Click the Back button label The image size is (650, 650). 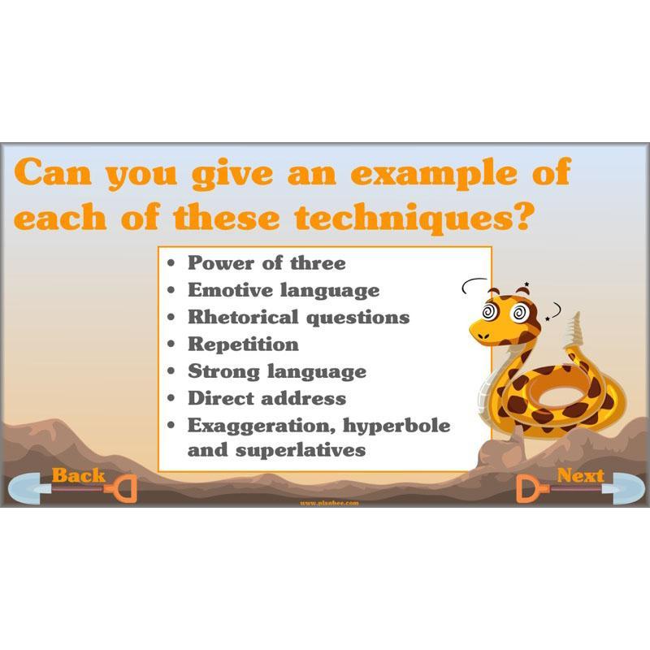coord(79,475)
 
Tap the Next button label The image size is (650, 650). coord(580,475)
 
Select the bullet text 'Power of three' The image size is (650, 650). coord(266,263)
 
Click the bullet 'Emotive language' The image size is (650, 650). coord(284,290)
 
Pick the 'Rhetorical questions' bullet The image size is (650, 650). coord(298,317)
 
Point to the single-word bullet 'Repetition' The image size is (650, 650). coord(243,344)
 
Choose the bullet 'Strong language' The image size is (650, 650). coord(277,371)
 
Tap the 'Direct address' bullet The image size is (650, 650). coord(266,398)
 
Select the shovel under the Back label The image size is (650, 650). coord(73,491)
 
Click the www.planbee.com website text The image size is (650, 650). coord(328,503)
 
